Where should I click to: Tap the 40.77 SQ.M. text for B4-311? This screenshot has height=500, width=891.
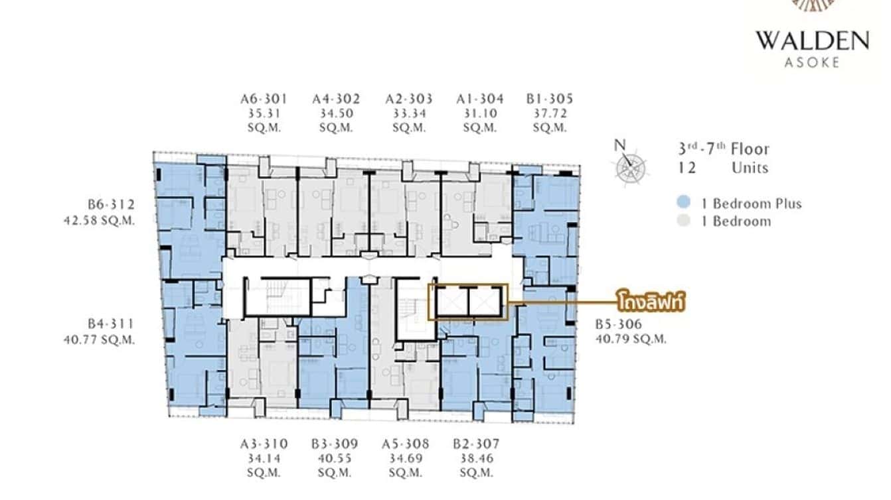100,340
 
